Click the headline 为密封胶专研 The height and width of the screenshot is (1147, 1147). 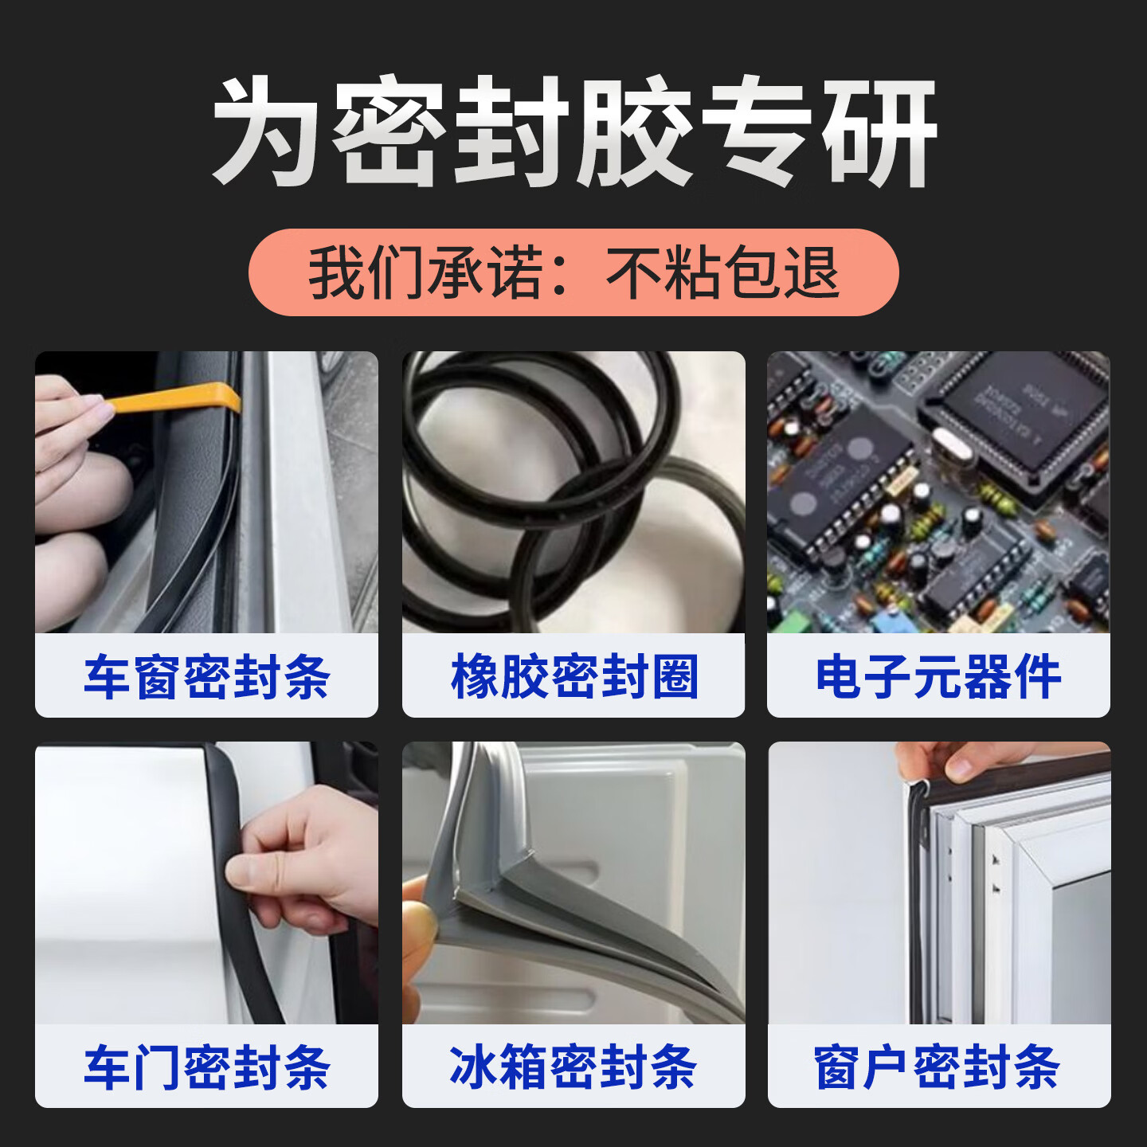click(x=573, y=131)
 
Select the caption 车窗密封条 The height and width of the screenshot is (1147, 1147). click(x=207, y=677)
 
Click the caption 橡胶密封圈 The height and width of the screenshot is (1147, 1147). click(x=573, y=677)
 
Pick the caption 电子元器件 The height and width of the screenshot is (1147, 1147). click(x=938, y=677)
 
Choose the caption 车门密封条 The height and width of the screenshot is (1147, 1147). click(x=207, y=1067)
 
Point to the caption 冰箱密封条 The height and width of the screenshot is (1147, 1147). click(x=573, y=1067)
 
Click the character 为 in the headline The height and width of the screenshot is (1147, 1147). click(x=267, y=131)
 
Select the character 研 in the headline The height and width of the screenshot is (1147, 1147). click(x=880, y=131)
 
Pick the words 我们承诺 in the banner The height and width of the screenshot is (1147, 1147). click(x=425, y=272)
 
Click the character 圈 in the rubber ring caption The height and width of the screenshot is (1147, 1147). click(x=674, y=677)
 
